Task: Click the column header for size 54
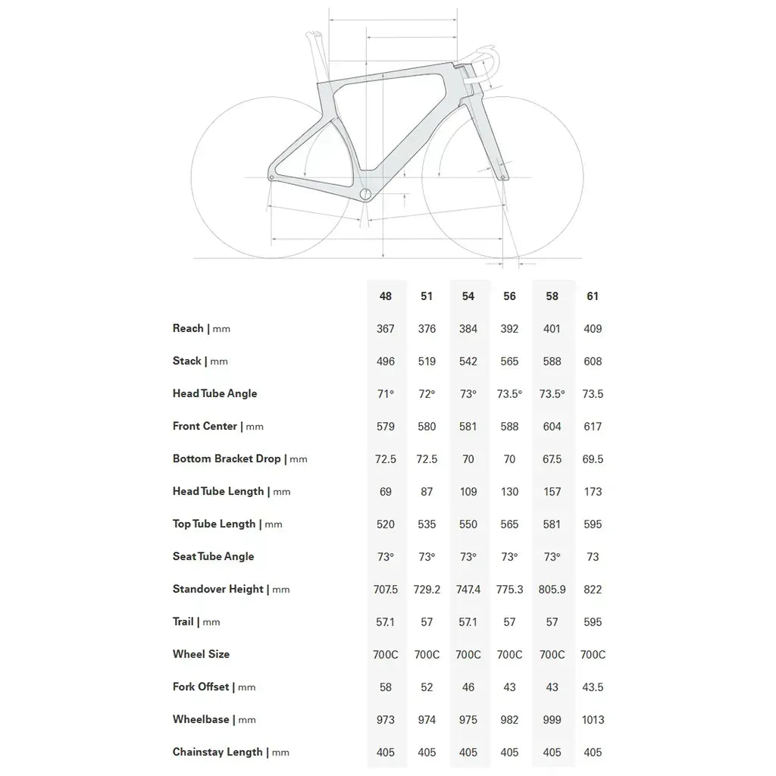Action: tap(468, 296)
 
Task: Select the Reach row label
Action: tap(188, 328)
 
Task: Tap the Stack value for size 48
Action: tap(386, 361)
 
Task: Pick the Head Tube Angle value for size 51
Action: tap(427, 394)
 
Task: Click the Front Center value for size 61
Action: tap(593, 427)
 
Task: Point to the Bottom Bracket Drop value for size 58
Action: tap(552, 459)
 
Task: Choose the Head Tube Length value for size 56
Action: tap(509, 492)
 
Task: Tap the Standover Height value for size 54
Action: tap(468, 590)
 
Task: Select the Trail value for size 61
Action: tap(593, 622)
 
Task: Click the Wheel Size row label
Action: tap(201, 654)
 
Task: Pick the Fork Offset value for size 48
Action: tap(386, 687)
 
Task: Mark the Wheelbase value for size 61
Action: tap(593, 720)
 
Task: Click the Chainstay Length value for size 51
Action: tap(427, 753)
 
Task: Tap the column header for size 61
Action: tap(593, 296)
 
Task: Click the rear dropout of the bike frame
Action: tap(272, 177)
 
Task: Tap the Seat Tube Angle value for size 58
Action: tap(552, 557)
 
